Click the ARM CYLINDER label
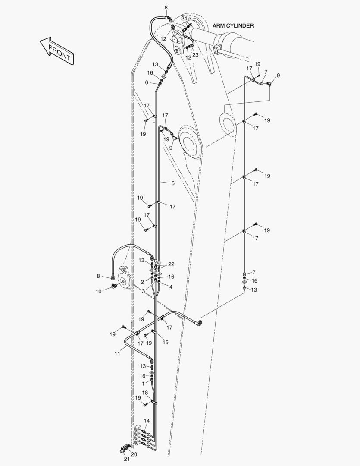pyautogui.click(x=233, y=26)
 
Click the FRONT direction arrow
pyautogui.click(x=57, y=50)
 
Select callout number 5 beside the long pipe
pyautogui.click(x=173, y=183)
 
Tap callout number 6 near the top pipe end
pyautogui.click(x=147, y=82)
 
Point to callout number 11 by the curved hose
pyautogui.click(x=117, y=353)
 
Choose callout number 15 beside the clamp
pyautogui.click(x=166, y=342)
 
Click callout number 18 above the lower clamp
pyautogui.click(x=145, y=393)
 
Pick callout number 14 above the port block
pyautogui.click(x=147, y=421)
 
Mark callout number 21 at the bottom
pyautogui.click(x=127, y=459)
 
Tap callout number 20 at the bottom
pyautogui.click(x=134, y=454)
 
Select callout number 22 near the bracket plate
pyautogui.click(x=171, y=264)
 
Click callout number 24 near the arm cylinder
pyautogui.click(x=184, y=19)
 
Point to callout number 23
pyautogui.click(x=195, y=55)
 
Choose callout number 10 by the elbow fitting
pyautogui.click(x=99, y=292)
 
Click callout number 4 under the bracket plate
pyautogui.click(x=171, y=287)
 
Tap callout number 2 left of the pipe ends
pyautogui.click(x=142, y=282)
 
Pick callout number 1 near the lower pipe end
pyautogui.click(x=143, y=384)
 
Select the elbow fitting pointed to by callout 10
pyautogui.click(x=114, y=286)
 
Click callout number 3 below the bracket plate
pyautogui.click(x=144, y=291)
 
